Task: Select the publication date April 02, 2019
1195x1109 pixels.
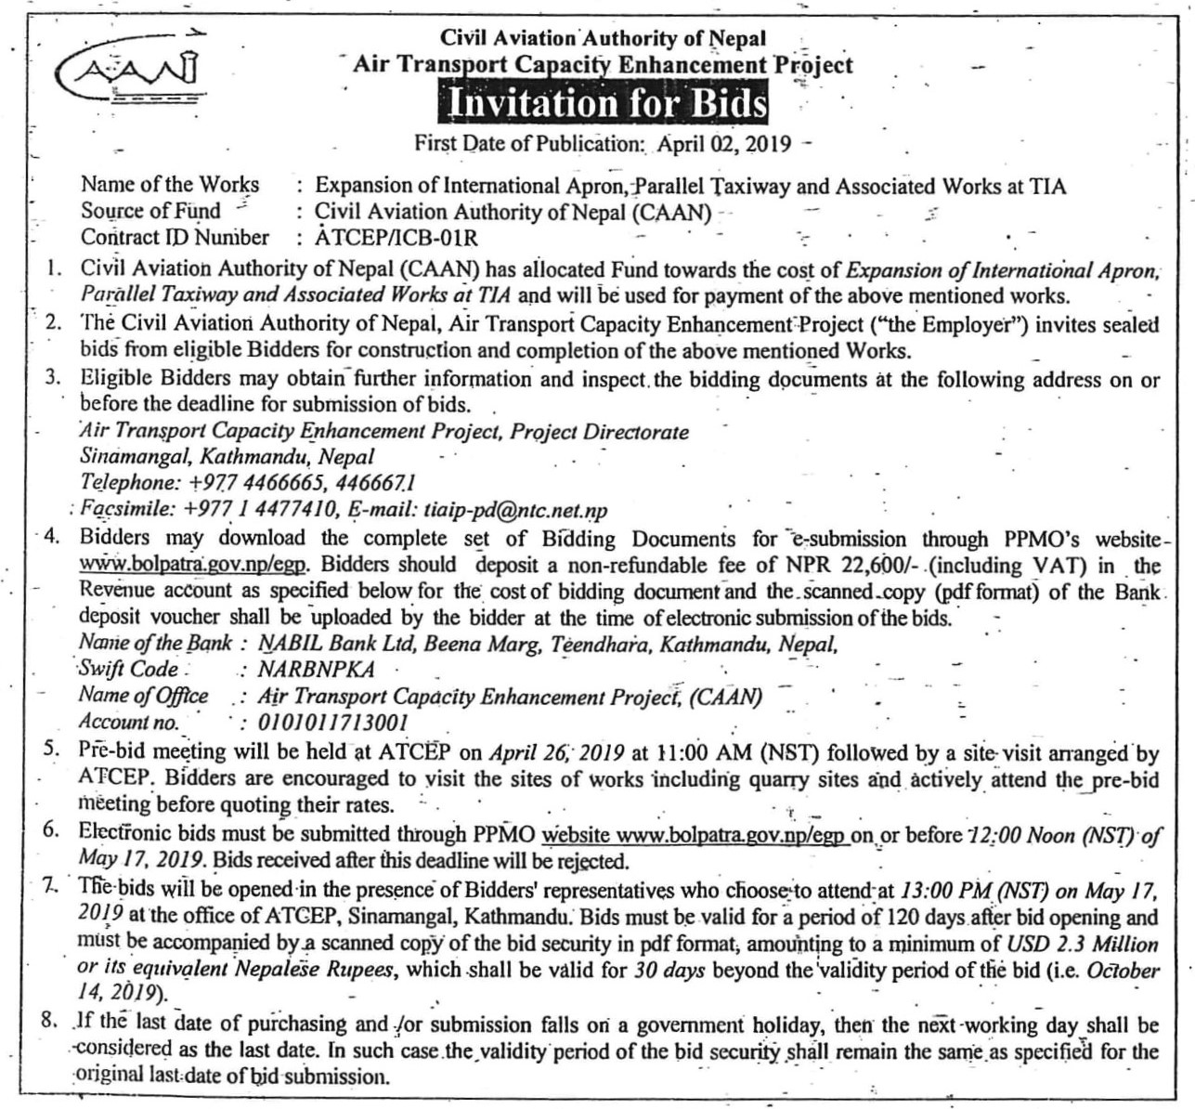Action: coord(723,144)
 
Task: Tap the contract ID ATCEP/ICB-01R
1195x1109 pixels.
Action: coord(396,238)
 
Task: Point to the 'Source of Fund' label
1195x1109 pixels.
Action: coord(150,212)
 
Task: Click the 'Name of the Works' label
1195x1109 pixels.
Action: coord(170,186)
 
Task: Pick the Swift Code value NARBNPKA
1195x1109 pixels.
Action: coord(316,670)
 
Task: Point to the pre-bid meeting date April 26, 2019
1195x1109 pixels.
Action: coord(546,753)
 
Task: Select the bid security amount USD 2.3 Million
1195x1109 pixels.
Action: coord(1083,945)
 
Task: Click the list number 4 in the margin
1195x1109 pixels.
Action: coord(50,537)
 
